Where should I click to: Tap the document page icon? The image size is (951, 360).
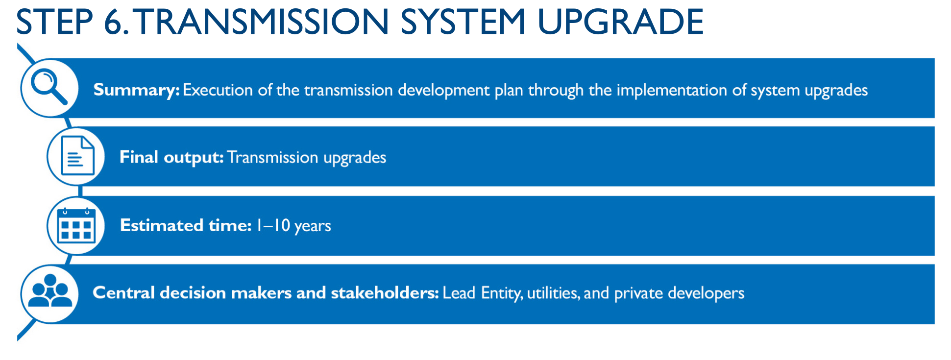[x=77, y=156]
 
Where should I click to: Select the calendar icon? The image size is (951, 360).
[x=76, y=225]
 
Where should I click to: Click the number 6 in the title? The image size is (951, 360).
[x=114, y=22]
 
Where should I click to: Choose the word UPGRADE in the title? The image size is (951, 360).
[x=620, y=22]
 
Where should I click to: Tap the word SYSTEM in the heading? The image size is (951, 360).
[x=463, y=22]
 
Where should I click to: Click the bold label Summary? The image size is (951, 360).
[x=137, y=90]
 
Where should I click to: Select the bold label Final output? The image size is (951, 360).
[x=171, y=158]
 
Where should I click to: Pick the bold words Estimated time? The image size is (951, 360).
[x=186, y=225]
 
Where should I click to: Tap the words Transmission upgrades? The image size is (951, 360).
[x=307, y=158]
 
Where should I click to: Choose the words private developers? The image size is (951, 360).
[x=679, y=293]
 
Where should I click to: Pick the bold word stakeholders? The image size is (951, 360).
[x=385, y=293]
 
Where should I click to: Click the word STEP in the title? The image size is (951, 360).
[x=54, y=22]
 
